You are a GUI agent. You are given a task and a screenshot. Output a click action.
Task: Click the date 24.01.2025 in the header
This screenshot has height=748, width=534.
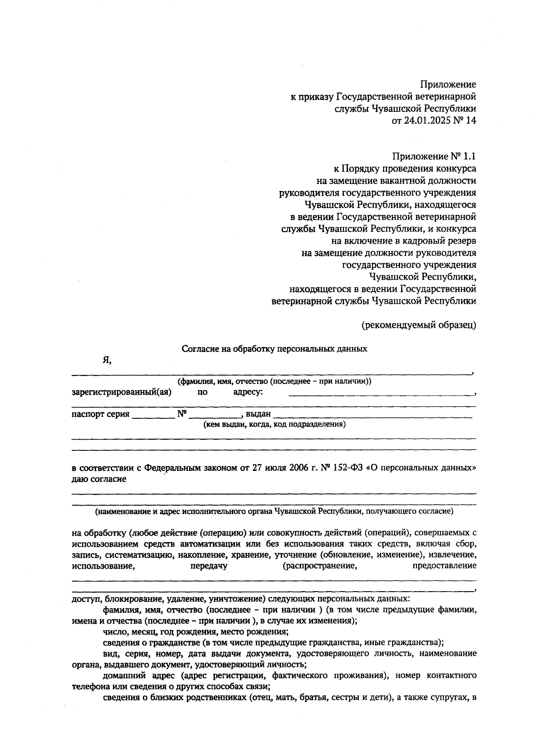(425, 120)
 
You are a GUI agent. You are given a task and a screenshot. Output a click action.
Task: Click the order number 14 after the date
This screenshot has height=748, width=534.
(471, 120)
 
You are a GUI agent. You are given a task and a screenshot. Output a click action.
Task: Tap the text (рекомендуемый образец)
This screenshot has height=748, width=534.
(419, 325)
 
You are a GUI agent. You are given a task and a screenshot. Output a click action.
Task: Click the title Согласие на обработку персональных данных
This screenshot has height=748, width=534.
(275, 349)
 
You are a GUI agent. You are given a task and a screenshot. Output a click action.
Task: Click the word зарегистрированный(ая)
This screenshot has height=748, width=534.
(121, 392)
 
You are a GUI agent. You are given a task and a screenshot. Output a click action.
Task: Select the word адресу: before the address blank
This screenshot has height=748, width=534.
(248, 392)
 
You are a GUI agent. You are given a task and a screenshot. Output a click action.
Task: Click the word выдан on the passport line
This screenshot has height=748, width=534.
(258, 414)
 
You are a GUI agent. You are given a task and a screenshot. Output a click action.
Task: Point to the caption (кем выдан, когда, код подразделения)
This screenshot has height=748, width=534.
(275, 425)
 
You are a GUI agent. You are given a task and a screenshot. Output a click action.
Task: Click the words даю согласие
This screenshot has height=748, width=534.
(99, 479)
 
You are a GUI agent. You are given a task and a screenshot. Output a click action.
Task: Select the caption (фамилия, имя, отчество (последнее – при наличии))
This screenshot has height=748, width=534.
(275, 382)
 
